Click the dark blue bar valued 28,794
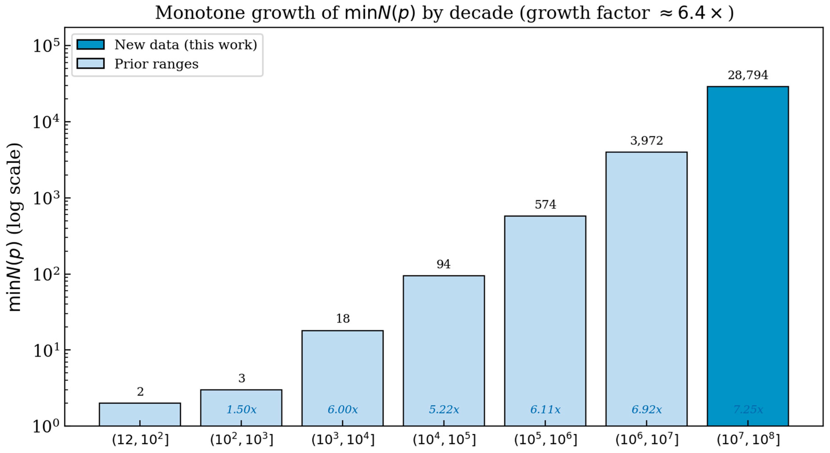(x=748, y=256)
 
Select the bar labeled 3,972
(x=646, y=289)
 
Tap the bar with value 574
(x=545, y=321)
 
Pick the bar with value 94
(x=444, y=351)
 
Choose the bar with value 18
(x=343, y=378)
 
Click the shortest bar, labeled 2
(x=140, y=414)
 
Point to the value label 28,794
(x=748, y=75)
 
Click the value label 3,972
(x=646, y=141)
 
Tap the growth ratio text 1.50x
(x=241, y=410)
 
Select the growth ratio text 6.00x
(x=343, y=410)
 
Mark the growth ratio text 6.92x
(x=646, y=410)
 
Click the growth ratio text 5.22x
(x=444, y=410)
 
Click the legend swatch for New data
(x=91, y=44)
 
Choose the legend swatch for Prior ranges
(x=91, y=64)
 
